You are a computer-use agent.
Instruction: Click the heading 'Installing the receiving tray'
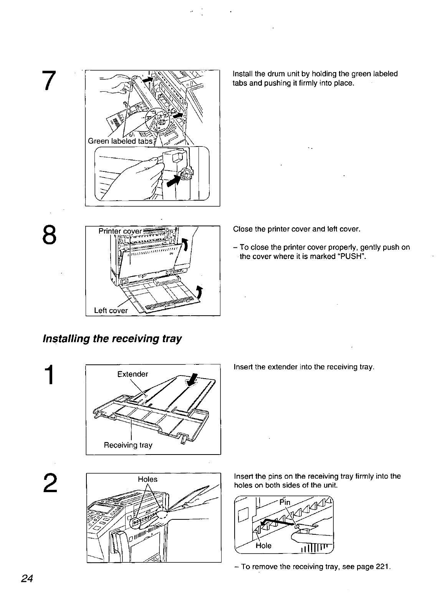click(x=112, y=339)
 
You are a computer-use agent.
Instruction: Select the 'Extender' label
click(x=132, y=374)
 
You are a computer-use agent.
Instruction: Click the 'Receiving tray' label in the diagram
click(x=128, y=445)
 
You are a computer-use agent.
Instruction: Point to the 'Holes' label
click(x=147, y=479)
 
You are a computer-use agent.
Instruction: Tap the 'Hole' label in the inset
click(x=263, y=545)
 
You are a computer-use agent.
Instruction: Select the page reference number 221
click(x=382, y=567)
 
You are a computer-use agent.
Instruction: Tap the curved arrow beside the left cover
click(x=199, y=293)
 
